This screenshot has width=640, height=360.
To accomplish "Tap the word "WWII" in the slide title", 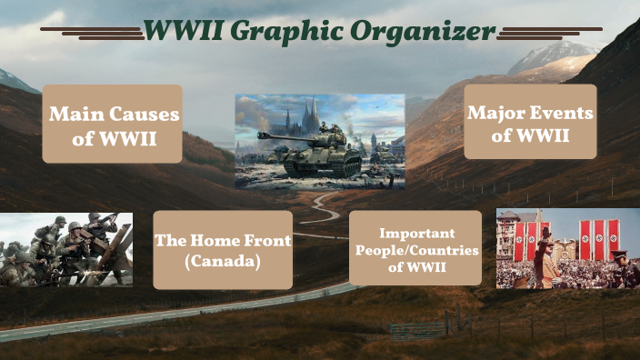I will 183,32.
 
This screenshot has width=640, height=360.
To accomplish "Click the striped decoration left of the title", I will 91,33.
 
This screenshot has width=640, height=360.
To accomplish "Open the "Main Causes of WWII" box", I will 113,125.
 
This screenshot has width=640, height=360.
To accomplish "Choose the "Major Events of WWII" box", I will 530,122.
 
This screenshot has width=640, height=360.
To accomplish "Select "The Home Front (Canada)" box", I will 223,250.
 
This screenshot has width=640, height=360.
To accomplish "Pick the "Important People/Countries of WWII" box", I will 415,248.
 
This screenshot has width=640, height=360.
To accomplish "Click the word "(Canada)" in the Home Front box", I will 223,262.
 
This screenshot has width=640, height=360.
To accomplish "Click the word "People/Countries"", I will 415,249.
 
